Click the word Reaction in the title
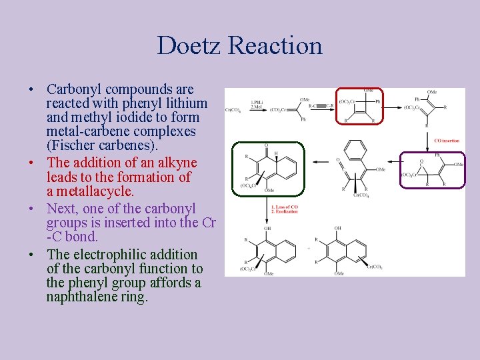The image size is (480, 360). pos(275,45)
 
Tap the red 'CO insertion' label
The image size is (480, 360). pos(447,141)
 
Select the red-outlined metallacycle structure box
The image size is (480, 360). pos(363,107)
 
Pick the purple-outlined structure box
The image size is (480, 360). pos(432,170)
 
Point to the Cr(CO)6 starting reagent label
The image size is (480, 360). pos(233,109)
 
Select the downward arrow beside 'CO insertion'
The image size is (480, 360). pos(428,140)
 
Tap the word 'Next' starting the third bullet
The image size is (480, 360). pos(62,208)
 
